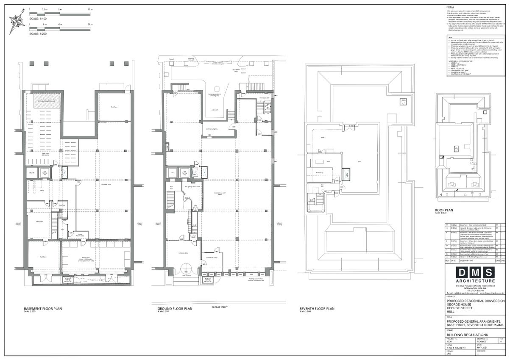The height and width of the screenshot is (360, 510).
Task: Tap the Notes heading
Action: click(451, 8)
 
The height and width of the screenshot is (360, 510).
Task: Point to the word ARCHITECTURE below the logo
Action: click(475, 281)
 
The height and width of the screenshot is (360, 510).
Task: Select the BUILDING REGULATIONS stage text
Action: click(465, 334)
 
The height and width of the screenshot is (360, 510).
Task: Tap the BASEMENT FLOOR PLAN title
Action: click(43, 309)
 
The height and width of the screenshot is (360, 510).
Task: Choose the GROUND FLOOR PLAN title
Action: click(175, 309)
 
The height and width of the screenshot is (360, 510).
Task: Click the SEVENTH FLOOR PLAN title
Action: click(317, 309)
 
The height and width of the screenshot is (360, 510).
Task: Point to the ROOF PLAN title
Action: click(444, 210)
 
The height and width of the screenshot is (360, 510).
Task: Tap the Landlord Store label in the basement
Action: click(106, 185)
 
